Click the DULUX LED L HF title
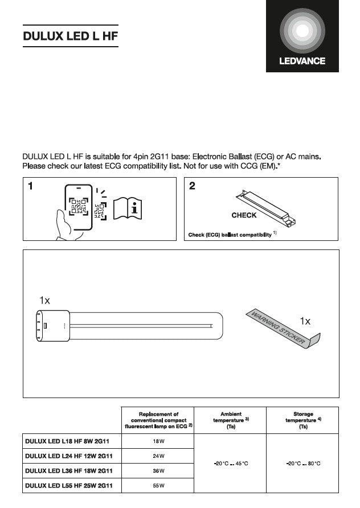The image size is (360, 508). click(70, 36)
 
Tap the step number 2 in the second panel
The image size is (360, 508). click(192, 186)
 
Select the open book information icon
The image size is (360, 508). click(128, 208)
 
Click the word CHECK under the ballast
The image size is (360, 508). click(244, 215)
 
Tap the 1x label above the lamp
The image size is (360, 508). click(45, 300)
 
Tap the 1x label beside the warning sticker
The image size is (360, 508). click(305, 321)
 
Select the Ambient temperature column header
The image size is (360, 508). click(231, 420)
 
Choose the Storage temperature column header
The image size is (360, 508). click(303, 420)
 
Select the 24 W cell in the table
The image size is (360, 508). click(158, 456)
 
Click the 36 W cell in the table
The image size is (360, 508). click(158, 470)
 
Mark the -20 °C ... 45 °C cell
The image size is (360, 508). click(231, 463)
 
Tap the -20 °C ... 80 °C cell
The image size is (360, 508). click(303, 463)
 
